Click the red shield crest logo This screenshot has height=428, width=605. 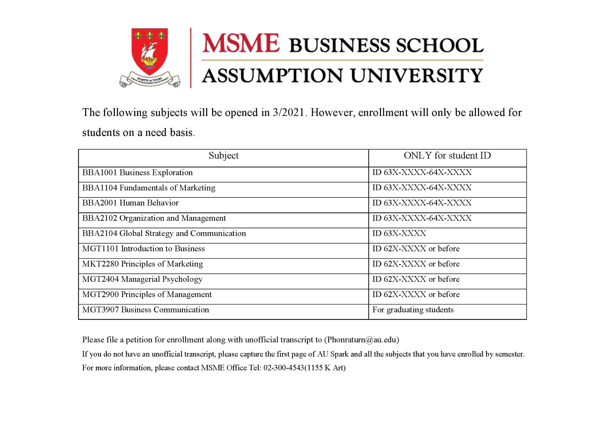pyautogui.click(x=149, y=52)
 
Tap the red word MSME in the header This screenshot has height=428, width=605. pyautogui.click(x=240, y=43)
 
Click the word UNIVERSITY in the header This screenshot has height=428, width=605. pyautogui.click(x=417, y=76)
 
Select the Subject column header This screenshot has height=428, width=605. pyautogui.click(x=223, y=156)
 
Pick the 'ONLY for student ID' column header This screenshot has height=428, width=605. pyautogui.click(x=447, y=156)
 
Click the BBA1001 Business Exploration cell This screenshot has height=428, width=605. pyautogui.click(x=137, y=173)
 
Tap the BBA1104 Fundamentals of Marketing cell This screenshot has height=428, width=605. pyautogui.click(x=149, y=188)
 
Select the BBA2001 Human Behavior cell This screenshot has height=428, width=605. pyautogui.click(x=130, y=203)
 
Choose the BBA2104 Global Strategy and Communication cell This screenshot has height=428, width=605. pyautogui.click(x=164, y=234)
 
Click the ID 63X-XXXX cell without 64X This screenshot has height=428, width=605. pyautogui.click(x=399, y=234)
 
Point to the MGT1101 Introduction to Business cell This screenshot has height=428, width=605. pyautogui.click(x=143, y=249)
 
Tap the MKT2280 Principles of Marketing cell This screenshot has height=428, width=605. pyautogui.click(x=142, y=264)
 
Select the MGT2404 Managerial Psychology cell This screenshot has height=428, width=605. pyautogui.click(x=142, y=279)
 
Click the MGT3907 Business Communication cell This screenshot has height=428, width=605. pyautogui.click(x=145, y=310)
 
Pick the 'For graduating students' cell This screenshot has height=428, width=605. pyautogui.click(x=413, y=310)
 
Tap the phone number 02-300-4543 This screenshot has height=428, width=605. pyautogui.click(x=284, y=368)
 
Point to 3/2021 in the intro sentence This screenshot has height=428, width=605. pyautogui.click(x=288, y=113)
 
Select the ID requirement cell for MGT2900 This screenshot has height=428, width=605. pyautogui.click(x=416, y=295)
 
